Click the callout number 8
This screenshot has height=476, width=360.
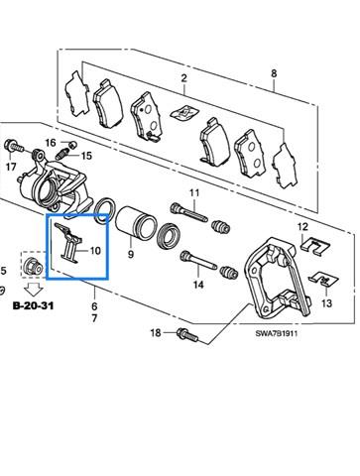pyautogui.click(x=274, y=73)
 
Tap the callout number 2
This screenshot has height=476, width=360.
pyautogui.click(x=183, y=78)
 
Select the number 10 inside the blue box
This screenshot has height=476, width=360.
pyautogui.click(x=95, y=251)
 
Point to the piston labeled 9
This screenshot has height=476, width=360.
pyautogui.click(x=136, y=222)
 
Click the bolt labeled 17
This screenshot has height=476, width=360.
pyautogui.click(x=14, y=146)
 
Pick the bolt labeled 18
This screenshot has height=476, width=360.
pyautogui.click(x=187, y=334)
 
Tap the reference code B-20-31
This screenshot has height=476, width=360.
pyautogui.click(x=33, y=305)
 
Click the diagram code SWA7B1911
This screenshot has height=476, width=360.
pyautogui.click(x=277, y=333)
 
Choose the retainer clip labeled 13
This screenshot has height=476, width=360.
pyautogui.click(x=324, y=280)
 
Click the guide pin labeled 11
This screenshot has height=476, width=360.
pyautogui.click(x=188, y=213)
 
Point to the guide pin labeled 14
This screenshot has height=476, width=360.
pyautogui.click(x=198, y=261)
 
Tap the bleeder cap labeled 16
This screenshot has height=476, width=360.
pyautogui.click(x=73, y=145)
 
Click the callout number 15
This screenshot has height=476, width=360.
pyautogui.click(x=86, y=156)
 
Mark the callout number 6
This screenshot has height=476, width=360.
pyautogui.click(x=94, y=306)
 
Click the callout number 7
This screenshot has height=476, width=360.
pyautogui.click(x=94, y=318)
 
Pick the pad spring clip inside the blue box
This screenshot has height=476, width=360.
pyautogui.click(x=68, y=243)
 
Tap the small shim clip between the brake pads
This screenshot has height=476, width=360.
pyautogui.click(x=183, y=113)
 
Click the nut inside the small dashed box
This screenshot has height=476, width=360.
pyautogui.click(x=34, y=266)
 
